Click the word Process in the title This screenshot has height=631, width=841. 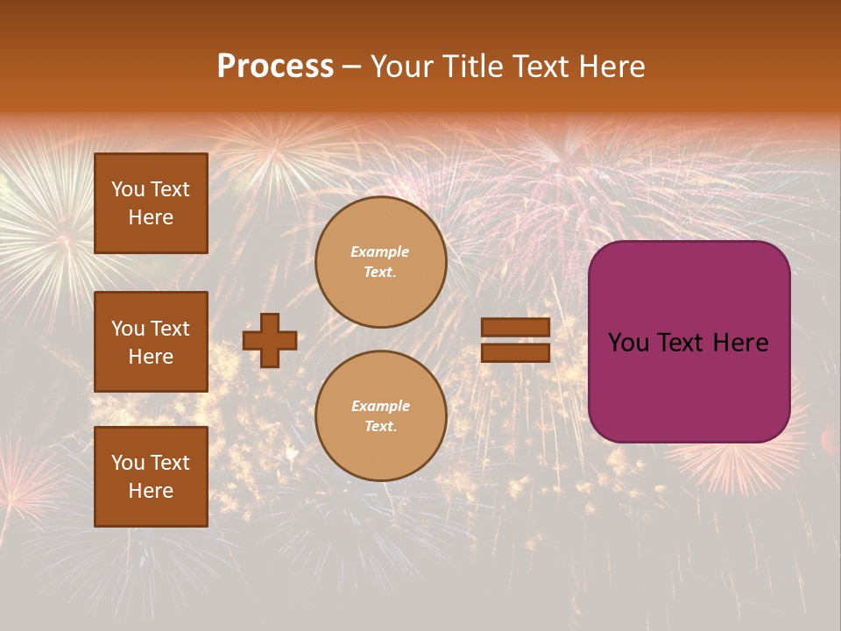coord(275,67)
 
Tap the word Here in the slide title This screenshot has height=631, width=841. coord(610,67)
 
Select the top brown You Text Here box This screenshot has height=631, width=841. coord(151,203)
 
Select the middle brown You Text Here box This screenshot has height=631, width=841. coord(151,342)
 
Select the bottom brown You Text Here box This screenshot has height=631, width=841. coord(151,477)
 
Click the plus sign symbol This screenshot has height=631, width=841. coord(270,340)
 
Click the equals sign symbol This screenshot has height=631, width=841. coord(515,340)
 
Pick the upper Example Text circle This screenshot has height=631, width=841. coord(380,262)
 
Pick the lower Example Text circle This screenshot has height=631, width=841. coord(380,415)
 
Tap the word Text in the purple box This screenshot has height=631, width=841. coord(685,343)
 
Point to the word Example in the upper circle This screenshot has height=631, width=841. coord(379,252)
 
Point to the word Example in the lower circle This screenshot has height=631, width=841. coord(380,406)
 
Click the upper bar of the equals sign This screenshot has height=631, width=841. coord(515,328)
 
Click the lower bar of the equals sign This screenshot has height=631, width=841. coord(515,352)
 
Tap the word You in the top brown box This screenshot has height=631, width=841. coord(127,189)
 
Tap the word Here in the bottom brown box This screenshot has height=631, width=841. coord(151,491)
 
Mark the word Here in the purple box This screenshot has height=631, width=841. coord(741,343)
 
